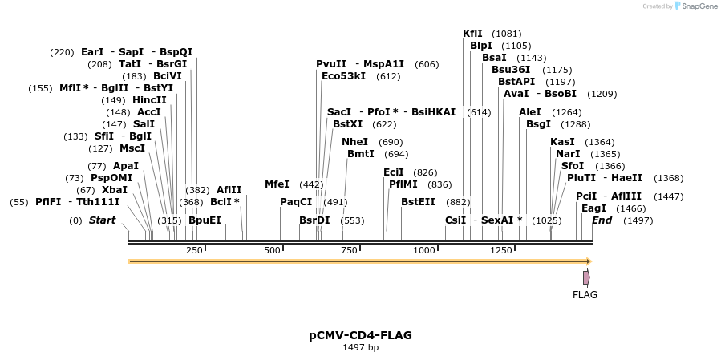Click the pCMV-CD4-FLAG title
tap(360, 335)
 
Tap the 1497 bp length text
tap(360, 348)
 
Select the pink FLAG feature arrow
tap(586, 277)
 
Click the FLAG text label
tap(585, 295)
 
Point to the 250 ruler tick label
tap(194, 251)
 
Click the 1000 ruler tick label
tap(424, 251)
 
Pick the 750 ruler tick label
tap(349, 251)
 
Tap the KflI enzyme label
tap(473, 34)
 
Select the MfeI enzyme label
tap(277, 184)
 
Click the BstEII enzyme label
tap(418, 201)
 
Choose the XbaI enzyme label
tap(114, 189)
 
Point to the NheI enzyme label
tap(354, 142)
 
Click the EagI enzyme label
tap(593, 208)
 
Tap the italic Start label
tap(102, 220)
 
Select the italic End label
tap(602, 220)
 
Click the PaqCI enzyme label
tap(296, 201)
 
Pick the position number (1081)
tap(506, 34)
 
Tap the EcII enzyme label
tap(394, 172)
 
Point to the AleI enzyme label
tap(530, 112)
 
